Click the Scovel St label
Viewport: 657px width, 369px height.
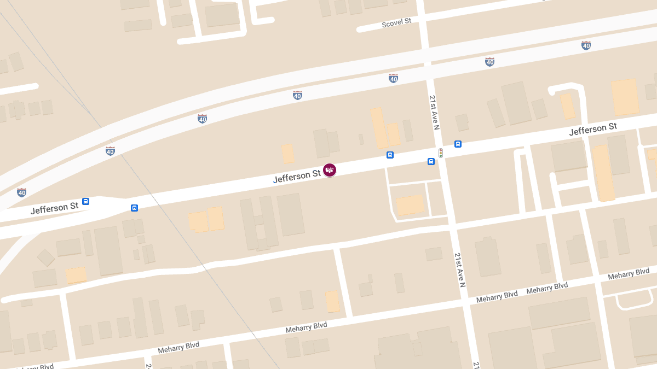pyautogui.click(x=396, y=22)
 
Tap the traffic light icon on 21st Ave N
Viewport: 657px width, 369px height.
pyautogui.click(x=441, y=153)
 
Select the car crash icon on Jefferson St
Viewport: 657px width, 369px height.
pyautogui.click(x=330, y=170)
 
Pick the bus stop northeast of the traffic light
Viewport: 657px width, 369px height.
pyautogui.click(x=458, y=144)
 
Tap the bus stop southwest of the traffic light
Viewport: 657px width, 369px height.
pyautogui.click(x=431, y=161)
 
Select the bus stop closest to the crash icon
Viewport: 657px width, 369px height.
pyautogui.click(x=390, y=155)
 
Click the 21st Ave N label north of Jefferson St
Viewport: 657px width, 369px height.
pyautogui.click(x=434, y=113)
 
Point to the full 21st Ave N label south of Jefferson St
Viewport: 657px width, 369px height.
pyautogui.click(x=459, y=270)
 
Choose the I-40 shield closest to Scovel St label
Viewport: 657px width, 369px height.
pyautogui.click(x=393, y=78)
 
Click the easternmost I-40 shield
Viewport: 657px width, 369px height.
pyautogui.click(x=586, y=45)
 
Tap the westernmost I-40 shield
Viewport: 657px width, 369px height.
pyautogui.click(x=21, y=192)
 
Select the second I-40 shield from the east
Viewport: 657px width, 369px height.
pyautogui.click(x=489, y=62)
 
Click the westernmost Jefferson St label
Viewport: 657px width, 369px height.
pyautogui.click(x=54, y=208)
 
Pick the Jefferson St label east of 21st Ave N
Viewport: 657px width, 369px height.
pyautogui.click(x=593, y=130)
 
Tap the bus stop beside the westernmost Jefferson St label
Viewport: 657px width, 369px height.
pyautogui.click(x=85, y=201)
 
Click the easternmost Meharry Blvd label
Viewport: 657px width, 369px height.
pyautogui.click(x=629, y=274)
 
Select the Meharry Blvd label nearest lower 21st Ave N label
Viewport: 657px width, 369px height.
pyautogui.click(x=497, y=295)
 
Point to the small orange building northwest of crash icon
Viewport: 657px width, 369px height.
pyautogui.click(x=287, y=154)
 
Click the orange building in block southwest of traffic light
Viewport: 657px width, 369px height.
pyautogui.click(x=410, y=205)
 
